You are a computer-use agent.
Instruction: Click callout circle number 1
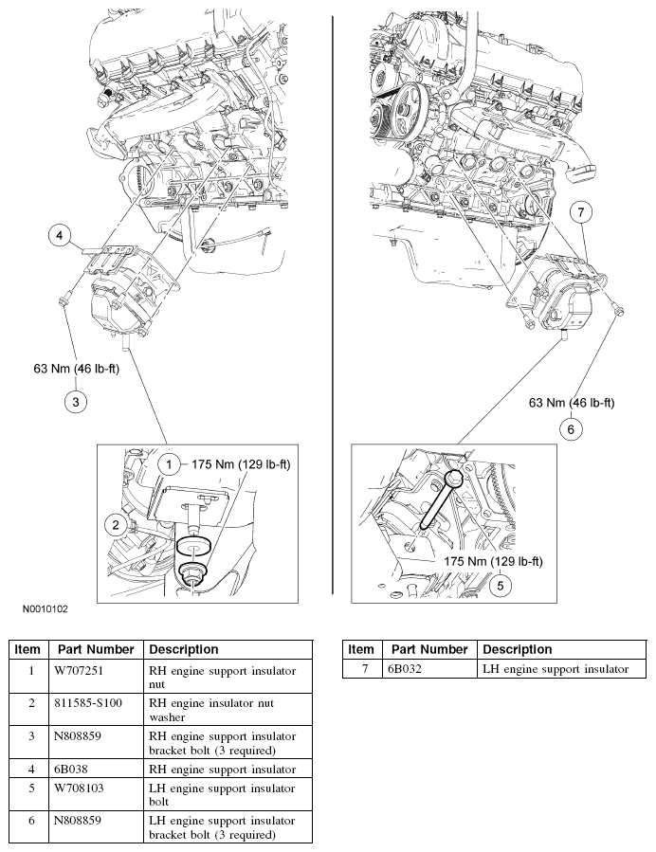168,464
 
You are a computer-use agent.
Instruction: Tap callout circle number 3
75,401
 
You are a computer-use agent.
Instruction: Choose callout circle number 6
570,429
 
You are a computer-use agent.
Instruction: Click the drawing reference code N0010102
40,611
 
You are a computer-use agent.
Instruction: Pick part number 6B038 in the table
77,769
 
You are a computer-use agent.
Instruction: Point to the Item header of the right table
361,649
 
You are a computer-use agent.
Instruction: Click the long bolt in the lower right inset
437,507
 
